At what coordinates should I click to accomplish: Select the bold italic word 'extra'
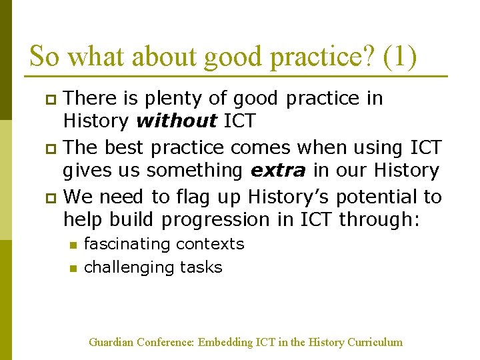point(277,171)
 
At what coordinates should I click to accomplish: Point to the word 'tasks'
point(200,267)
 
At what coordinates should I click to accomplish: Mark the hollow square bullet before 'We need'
point(48,198)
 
